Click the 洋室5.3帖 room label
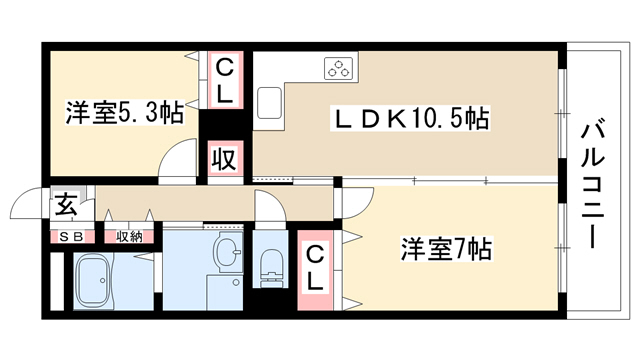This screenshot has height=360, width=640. [x=124, y=113]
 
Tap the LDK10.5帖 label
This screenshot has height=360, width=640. [x=410, y=118]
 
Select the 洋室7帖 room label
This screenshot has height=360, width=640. [x=446, y=249]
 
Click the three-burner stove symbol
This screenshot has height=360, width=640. [x=338, y=68]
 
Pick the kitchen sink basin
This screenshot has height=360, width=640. [x=269, y=103]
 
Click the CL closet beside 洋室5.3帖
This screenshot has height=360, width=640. [x=225, y=80]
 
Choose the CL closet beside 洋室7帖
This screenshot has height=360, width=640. [x=315, y=270]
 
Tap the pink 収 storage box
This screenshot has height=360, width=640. [x=225, y=159]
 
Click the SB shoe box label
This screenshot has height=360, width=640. [x=72, y=237]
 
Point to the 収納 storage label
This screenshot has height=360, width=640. [x=129, y=237]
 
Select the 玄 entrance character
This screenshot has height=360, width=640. [x=67, y=205]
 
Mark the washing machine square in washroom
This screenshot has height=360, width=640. [x=224, y=292]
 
